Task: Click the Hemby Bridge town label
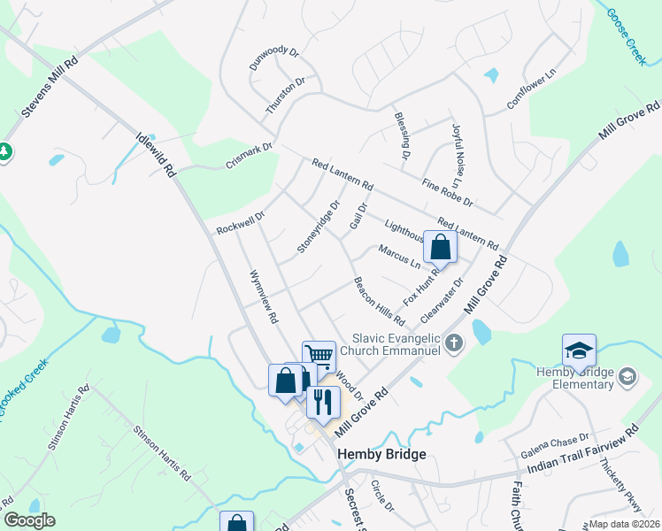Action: coord(382,454)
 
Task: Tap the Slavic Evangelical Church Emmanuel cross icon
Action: coord(454,342)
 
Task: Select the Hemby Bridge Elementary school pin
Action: coord(578,351)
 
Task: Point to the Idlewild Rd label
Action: coord(157,156)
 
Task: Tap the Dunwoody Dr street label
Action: coord(274,58)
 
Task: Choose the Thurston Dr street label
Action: coord(285,96)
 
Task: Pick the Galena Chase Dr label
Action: coord(558,443)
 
